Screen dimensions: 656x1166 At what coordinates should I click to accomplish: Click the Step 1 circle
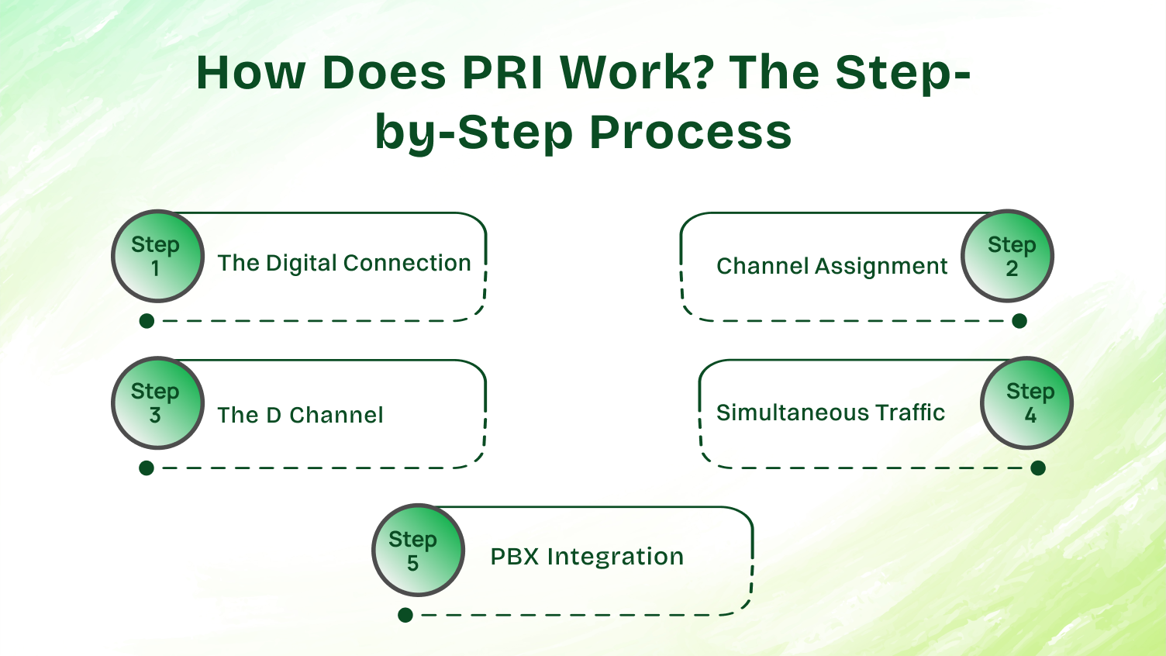157,256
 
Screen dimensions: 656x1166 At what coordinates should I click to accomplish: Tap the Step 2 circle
1007,256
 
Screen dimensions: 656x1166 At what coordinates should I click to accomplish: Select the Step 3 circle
157,403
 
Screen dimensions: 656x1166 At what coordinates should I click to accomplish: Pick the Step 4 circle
1026,403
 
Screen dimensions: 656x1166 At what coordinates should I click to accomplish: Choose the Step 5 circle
418,551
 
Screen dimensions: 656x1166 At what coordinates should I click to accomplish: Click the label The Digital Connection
343,264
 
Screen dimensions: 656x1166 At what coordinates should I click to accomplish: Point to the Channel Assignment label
831,267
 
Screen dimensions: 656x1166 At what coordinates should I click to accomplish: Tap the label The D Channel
300,416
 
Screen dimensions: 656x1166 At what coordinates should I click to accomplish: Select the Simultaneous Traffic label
830,413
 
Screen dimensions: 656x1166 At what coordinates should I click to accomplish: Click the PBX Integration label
587,557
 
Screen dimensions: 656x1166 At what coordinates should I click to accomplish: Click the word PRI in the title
504,73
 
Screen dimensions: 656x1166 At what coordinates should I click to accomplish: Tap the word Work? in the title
636,73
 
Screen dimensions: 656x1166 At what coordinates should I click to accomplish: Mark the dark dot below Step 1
147,321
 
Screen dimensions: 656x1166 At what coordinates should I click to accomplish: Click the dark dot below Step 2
1019,321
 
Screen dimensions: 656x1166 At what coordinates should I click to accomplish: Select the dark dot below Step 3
147,468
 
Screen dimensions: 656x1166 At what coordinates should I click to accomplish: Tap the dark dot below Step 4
1038,468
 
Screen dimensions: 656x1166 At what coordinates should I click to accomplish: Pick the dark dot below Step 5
405,616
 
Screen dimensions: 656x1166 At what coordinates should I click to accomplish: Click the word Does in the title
384,73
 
